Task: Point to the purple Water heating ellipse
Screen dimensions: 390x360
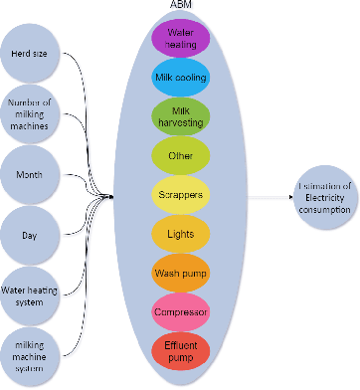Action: [180, 39]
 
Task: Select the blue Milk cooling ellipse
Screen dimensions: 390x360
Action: [180, 78]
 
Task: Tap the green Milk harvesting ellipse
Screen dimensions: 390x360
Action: [180, 116]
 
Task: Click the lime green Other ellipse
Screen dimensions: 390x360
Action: [180, 155]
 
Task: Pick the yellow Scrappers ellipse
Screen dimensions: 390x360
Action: [180, 194]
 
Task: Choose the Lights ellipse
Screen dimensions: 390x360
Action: [180, 233]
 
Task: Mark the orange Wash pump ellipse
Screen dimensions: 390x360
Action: [180, 272]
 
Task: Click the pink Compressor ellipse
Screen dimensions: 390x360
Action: [180, 311]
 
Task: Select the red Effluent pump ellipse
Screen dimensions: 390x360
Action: [180, 350]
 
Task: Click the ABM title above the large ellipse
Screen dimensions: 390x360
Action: [180, 7]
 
